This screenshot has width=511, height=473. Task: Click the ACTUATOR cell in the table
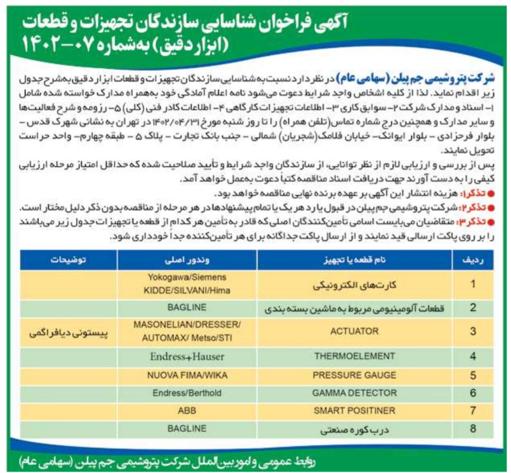(x=354, y=331)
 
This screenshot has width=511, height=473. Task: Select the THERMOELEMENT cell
(x=354, y=356)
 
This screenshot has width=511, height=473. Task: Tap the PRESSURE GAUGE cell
(x=354, y=375)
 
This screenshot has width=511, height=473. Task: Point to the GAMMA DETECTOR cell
(x=354, y=393)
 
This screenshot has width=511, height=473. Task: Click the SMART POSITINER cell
(x=354, y=411)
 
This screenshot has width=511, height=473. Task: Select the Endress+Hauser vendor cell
(x=187, y=356)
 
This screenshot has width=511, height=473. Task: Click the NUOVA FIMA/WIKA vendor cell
(x=187, y=375)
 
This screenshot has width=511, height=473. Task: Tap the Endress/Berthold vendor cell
(x=187, y=393)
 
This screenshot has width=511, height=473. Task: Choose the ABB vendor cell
(x=187, y=411)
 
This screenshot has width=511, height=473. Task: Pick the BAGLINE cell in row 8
(x=187, y=428)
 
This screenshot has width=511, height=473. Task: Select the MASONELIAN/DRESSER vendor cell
(x=187, y=331)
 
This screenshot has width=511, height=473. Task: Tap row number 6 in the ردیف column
(x=473, y=393)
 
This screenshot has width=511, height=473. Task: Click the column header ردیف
(x=473, y=260)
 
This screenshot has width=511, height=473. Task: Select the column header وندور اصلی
(x=187, y=260)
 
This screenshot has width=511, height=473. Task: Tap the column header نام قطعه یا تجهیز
(x=354, y=260)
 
